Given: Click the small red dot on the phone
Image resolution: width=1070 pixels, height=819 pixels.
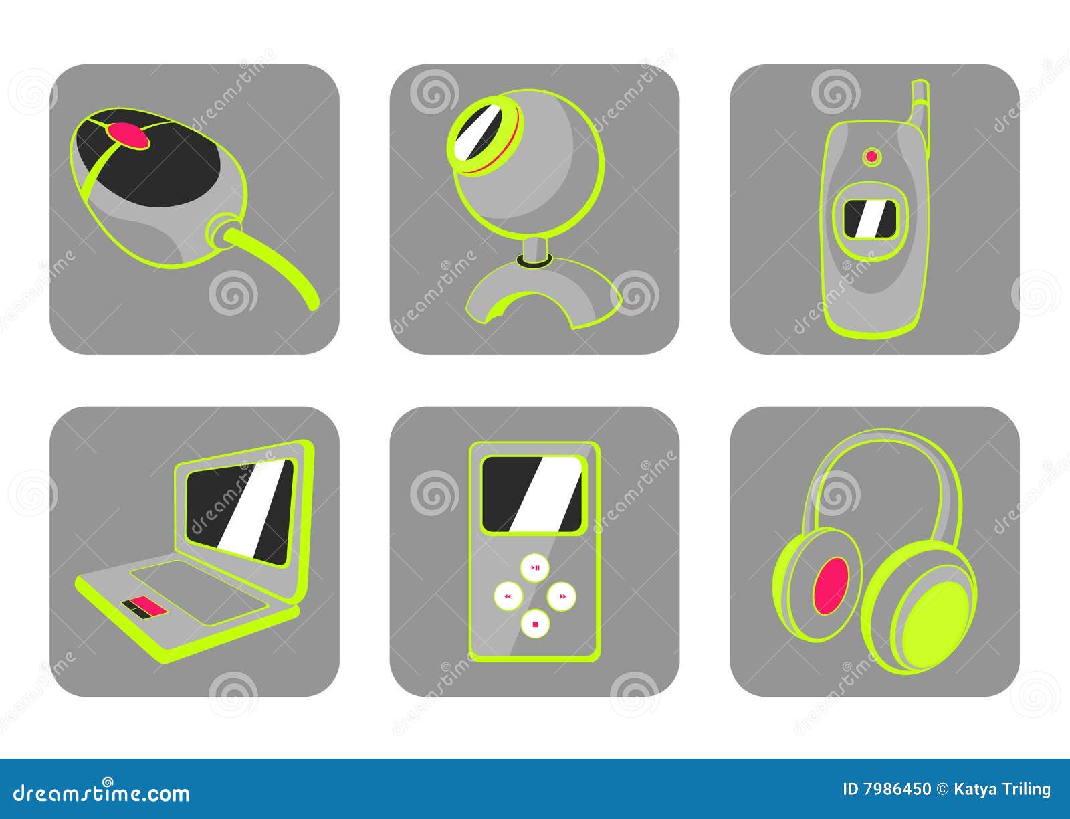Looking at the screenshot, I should click(871, 157).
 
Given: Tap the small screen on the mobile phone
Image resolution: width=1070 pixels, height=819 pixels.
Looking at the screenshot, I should click(870, 219).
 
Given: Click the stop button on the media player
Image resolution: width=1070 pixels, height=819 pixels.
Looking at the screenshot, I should click(535, 624).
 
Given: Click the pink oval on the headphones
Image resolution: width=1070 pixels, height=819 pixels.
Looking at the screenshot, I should click(831, 586).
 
